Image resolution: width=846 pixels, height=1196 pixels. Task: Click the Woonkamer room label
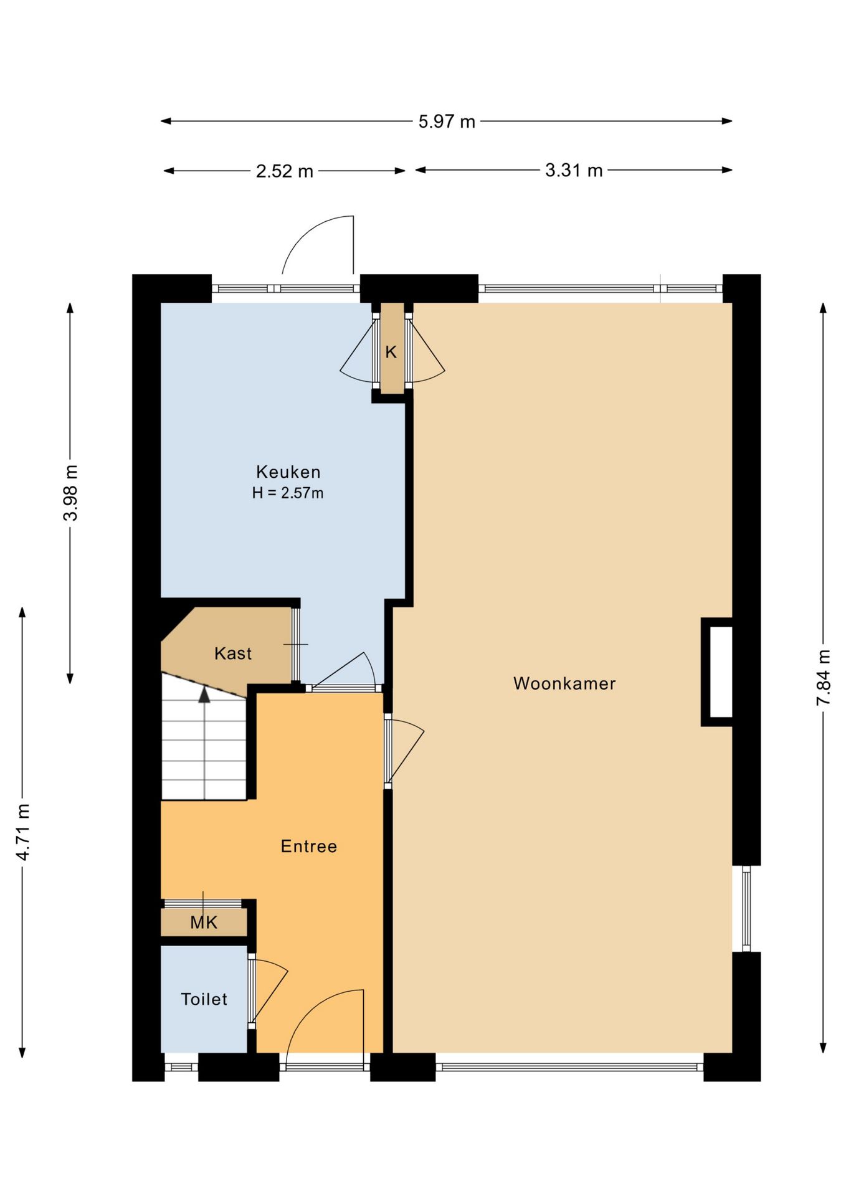(x=564, y=683)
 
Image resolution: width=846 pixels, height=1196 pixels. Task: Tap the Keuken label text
(x=288, y=472)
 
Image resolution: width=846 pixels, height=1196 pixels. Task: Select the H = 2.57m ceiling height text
(x=288, y=493)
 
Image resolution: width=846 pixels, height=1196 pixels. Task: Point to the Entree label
(x=309, y=846)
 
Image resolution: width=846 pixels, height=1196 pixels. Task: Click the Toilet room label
(x=204, y=999)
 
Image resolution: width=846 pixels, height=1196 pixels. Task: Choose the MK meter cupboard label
(x=204, y=923)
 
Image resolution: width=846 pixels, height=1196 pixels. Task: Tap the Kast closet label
(x=233, y=653)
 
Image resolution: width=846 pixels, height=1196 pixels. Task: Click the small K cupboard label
(x=391, y=352)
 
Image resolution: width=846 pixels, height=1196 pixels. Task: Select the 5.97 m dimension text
(x=447, y=121)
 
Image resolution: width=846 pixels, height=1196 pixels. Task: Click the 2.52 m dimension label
(x=285, y=171)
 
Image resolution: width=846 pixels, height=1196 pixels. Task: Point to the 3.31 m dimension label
(x=574, y=170)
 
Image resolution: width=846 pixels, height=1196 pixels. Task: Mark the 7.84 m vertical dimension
(x=823, y=678)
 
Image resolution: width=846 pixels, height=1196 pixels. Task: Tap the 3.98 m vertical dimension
(x=70, y=493)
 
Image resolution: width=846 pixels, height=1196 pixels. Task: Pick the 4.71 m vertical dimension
(x=22, y=832)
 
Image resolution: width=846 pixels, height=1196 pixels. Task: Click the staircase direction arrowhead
(x=204, y=695)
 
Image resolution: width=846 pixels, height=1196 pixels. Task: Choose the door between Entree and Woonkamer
(x=405, y=750)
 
